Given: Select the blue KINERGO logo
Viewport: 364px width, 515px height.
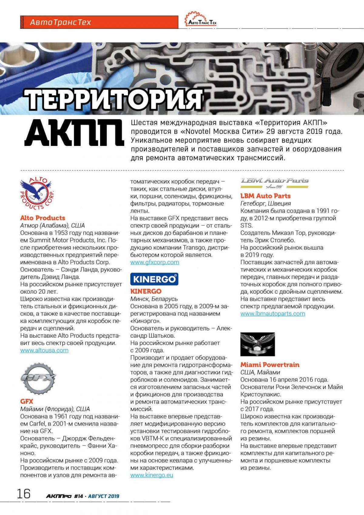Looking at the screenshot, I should coord(154,279).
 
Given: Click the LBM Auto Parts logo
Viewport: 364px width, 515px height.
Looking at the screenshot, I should coord(275,182).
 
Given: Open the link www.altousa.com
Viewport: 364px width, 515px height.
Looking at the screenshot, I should coord(44,350).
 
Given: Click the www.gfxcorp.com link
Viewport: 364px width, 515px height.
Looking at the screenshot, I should coord(155,262).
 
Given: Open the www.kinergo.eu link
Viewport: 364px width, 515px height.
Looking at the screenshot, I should coord(152,475).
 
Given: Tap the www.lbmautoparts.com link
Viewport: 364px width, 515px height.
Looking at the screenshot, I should coord(273,314).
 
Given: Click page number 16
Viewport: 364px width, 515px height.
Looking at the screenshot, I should coord(24,493).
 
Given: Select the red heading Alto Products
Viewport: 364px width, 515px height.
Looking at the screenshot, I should coord(42,218).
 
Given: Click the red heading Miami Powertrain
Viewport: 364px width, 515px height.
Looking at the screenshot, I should coord(270,365).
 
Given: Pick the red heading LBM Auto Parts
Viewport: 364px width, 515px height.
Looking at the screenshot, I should coord(265,196).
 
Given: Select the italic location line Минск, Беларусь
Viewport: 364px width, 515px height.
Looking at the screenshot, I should coord(154,299).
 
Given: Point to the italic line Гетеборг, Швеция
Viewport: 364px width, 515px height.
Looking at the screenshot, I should coord(265,203).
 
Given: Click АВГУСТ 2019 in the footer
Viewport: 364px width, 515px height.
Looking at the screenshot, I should coord(104,496).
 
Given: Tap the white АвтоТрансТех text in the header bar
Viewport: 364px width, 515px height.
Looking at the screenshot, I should coord(60,22).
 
